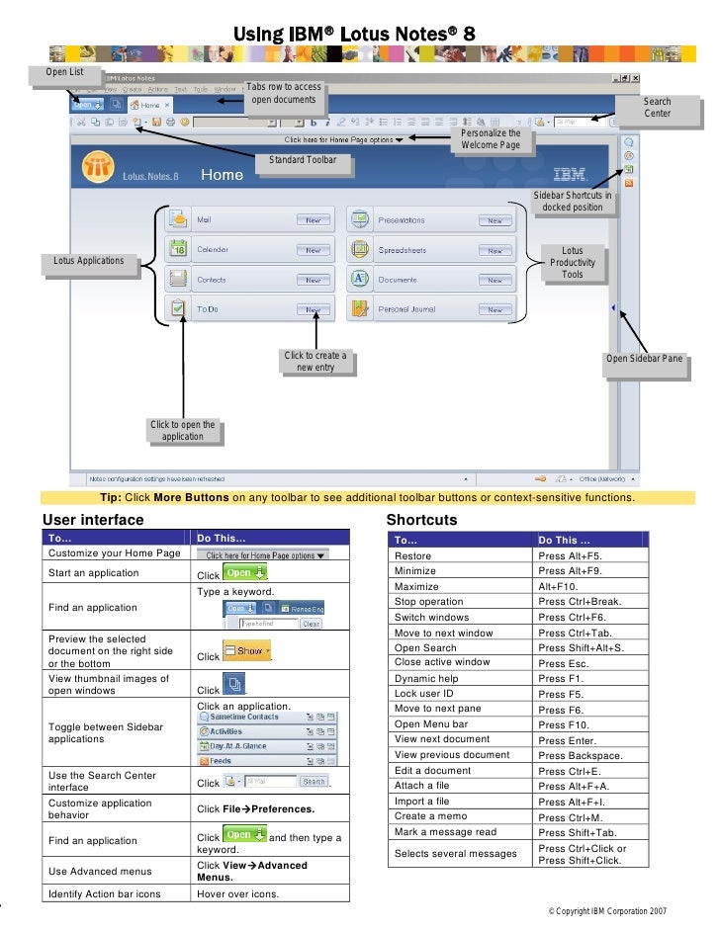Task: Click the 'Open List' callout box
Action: click(x=65, y=72)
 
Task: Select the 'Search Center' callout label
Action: click(x=657, y=108)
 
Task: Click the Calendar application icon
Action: click(x=177, y=249)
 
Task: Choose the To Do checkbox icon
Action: click(x=177, y=309)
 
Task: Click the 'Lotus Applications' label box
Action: click(x=89, y=261)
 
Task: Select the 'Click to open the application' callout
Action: click(x=182, y=431)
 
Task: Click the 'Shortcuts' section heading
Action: click(x=421, y=520)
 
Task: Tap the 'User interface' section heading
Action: click(x=93, y=520)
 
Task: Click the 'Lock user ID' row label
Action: click(x=426, y=694)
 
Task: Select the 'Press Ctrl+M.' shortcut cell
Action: click(x=571, y=817)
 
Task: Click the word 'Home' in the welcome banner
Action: click(x=222, y=175)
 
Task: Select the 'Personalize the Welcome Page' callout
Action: click(x=490, y=139)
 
